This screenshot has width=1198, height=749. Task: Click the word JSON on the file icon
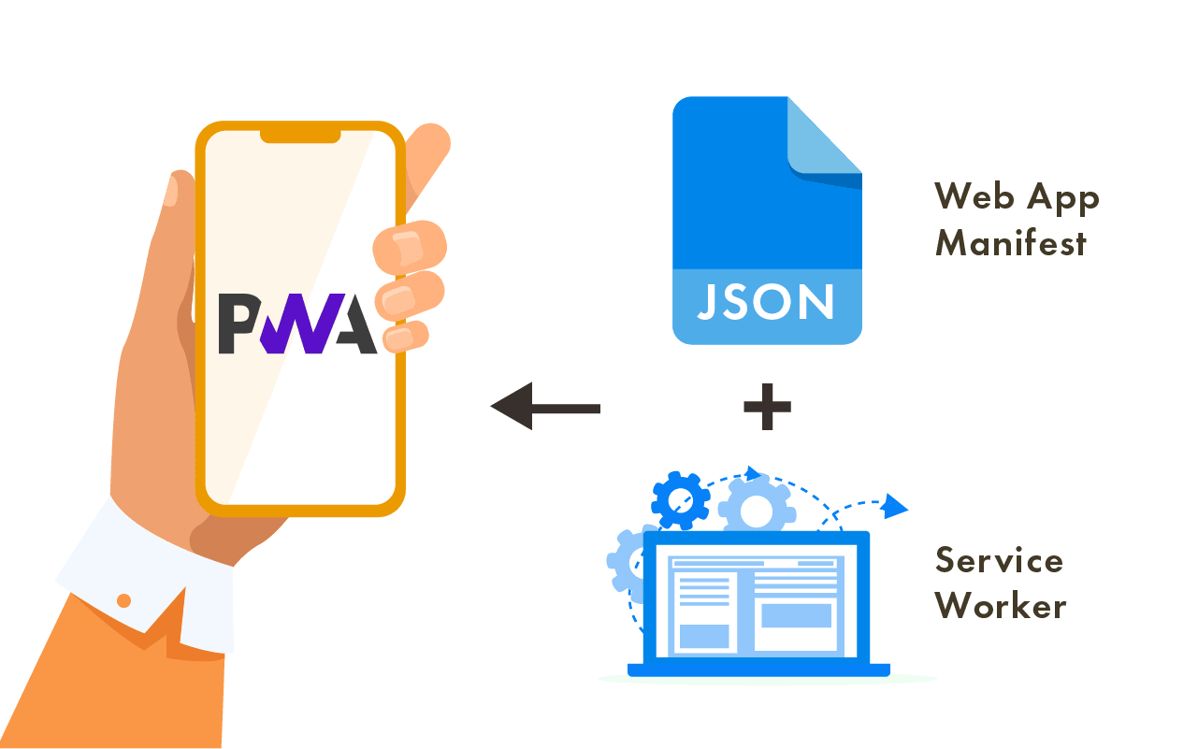tap(766, 303)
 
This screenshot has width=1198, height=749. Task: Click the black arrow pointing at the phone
tap(545, 407)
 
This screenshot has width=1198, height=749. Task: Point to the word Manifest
tap(1011, 243)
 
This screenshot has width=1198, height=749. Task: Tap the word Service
tap(999, 560)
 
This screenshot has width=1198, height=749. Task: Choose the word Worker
tap(1001, 606)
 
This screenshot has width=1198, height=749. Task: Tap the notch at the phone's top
tap(300, 137)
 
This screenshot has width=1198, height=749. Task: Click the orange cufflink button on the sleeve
tap(123, 600)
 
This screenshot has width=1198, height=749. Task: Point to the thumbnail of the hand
tap(171, 192)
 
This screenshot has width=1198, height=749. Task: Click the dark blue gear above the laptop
tap(680, 500)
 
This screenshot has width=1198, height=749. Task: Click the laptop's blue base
tap(758, 670)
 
